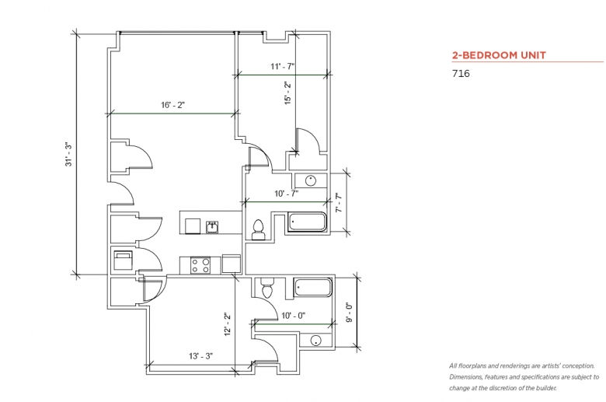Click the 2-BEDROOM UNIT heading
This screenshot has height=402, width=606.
point(499,55)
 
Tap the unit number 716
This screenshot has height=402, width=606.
point(461,74)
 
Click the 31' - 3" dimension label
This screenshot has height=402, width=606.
point(68,155)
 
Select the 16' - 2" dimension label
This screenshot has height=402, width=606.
point(172,105)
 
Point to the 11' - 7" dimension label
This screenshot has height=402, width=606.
point(283,67)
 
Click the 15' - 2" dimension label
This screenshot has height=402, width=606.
point(287,93)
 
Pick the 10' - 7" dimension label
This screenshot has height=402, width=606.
point(287,194)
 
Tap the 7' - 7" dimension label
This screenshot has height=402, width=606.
point(339,203)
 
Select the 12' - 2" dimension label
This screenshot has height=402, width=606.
point(228,323)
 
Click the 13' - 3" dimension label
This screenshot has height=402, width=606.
point(201,356)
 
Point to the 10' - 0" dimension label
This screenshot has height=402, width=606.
point(294,316)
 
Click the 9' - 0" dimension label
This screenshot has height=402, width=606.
point(350,313)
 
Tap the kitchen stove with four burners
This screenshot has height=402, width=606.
point(200,265)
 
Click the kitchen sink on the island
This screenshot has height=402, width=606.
point(212,227)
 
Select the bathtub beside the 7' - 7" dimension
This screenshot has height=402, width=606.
point(307,222)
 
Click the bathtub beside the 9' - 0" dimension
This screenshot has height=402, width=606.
point(313,288)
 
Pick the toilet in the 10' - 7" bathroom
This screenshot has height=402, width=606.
point(257,229)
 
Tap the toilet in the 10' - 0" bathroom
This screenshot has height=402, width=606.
point(267,288)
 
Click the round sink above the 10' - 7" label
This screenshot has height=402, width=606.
point(311,180)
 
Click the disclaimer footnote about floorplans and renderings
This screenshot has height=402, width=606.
point(524,377)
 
